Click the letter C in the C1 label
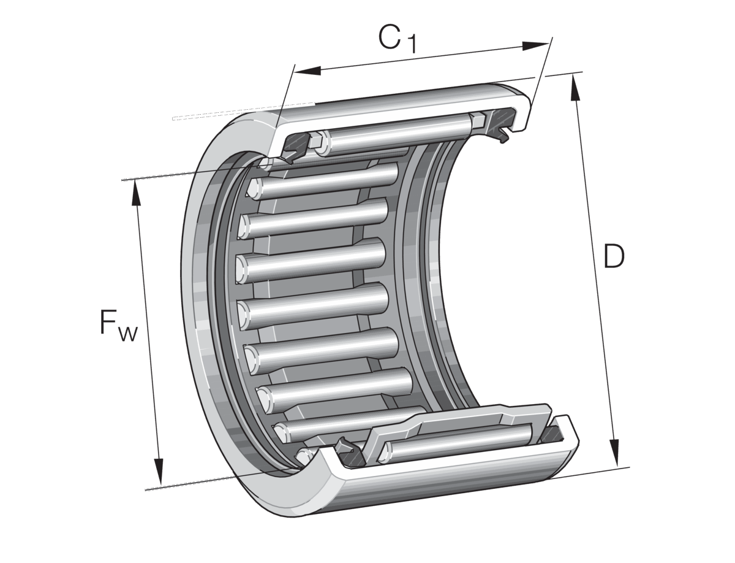click(x=390, y=36)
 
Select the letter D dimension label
click(x=614, y=256)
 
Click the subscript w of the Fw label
click(x=128, y=334)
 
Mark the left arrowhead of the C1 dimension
click(x=307, y=70)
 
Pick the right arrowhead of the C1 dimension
click(x=535, y=45)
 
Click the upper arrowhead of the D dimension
click(x=576, y=87)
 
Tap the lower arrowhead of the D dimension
click(x=614, y=453)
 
